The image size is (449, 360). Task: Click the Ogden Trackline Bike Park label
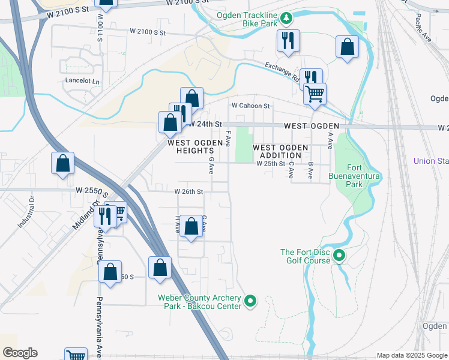click(x=248, y=22)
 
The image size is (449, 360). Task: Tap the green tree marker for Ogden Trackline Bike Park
click(x=287, y=18)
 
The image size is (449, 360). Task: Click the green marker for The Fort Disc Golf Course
click(x=339, y=256)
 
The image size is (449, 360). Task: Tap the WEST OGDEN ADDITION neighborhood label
click(x=280, y=151)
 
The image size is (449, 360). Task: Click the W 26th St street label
click(x=189, y=192)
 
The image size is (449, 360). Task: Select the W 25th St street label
click(x=270, y=163)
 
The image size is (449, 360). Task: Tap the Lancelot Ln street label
click(x=82, y=81)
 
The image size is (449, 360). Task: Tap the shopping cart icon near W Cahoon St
click(x=314, y=94)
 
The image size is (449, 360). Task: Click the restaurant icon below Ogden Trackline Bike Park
click(x=288, y=41)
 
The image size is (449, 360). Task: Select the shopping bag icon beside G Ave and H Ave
click(x=191, y=227)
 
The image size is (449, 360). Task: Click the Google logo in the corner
click(x=19, y=353)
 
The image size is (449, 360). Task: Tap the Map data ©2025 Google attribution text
click(x=412, y=355)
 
